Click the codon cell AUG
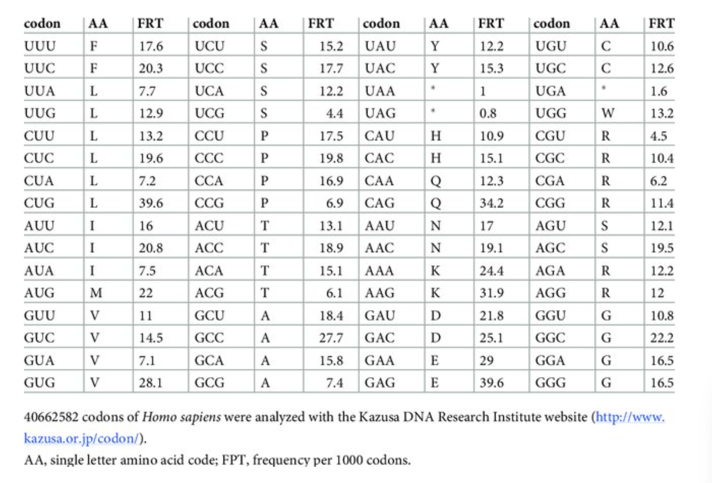pyautogui.click(x=39, y=293)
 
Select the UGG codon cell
pyautogui.click(x=550, y=113)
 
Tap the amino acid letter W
pyautogui.click(x=607, y=113)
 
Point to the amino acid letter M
pyautogui.click(x=96, y=293)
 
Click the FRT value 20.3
pyautogui.click(x=151, y=68)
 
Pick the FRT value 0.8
pyautogui.click(x=488, y=113)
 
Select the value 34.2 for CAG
pyautogui.click(x=491, y=203)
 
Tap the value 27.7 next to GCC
pyautogui.click(x=331, y=338)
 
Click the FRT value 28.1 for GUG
pyautogui.click(x=151, y=383)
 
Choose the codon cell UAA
pyautogui.click(x=380, y=91)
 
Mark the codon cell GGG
pyautogui.click(x=550, y=383)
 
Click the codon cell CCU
pyautogui.click(x=209, y=136)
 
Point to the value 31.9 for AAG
pyautogui.click(x=491, y=293)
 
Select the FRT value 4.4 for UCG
pyautogui.click(x=334, y=113)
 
